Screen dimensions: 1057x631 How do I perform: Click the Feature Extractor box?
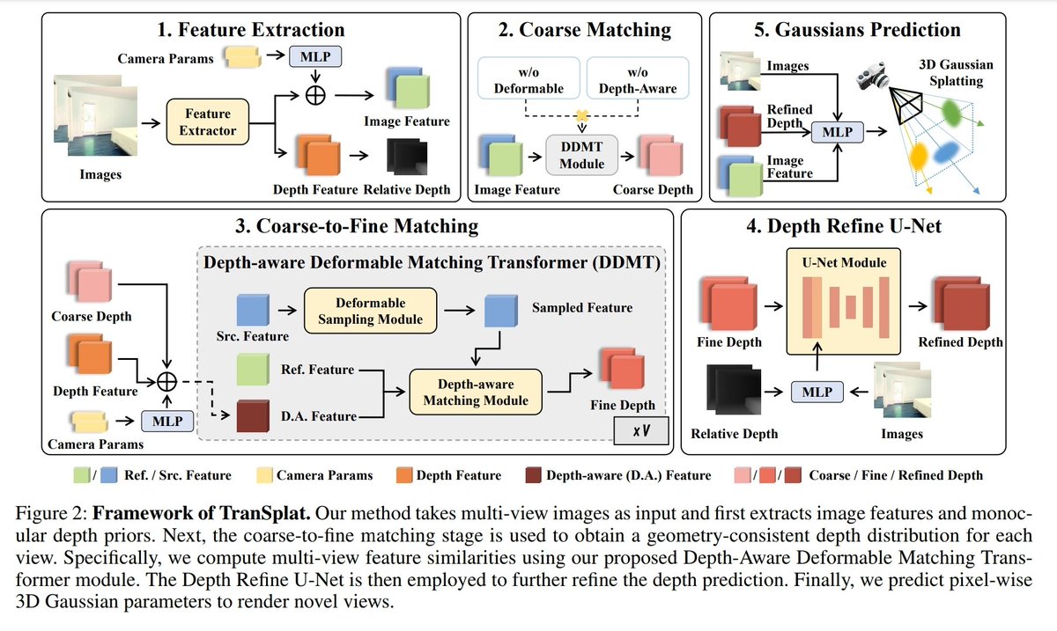tap(208, 121)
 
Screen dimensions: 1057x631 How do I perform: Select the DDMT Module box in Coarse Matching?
tap(582, 155)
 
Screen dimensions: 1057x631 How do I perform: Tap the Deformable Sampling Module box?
tap(371, 311)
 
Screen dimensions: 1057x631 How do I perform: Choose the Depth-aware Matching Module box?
tap(476, 392)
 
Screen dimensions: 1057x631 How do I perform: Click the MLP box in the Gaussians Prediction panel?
tap(838, 132)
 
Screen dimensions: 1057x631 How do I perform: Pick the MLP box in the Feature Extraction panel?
tap(315, 56)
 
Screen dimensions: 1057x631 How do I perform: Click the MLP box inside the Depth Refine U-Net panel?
tap(817, 392)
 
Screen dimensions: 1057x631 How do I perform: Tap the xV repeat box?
tap(641, 430)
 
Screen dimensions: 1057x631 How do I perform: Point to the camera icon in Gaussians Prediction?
tap(873, 76)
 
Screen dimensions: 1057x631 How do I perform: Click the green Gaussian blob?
tap(951, 113)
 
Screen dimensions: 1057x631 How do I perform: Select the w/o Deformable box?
tap(528, 78)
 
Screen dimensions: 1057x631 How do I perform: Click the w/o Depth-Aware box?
tap(638, 78)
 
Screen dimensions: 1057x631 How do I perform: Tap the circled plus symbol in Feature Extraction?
tap(315, 95)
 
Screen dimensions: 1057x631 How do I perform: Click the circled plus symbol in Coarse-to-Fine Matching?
tap(166, 382)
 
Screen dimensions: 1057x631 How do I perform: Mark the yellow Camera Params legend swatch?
tap(264, 475)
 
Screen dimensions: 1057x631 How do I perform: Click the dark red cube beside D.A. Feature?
tap(253, 416)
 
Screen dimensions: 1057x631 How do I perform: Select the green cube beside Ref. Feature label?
tap(253, 370)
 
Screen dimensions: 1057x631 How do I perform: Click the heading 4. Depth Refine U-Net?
tap(844, 226)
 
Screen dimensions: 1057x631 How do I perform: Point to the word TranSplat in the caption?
tap(265, 513)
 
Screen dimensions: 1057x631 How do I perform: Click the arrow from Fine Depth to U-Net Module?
tap(773, 306)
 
